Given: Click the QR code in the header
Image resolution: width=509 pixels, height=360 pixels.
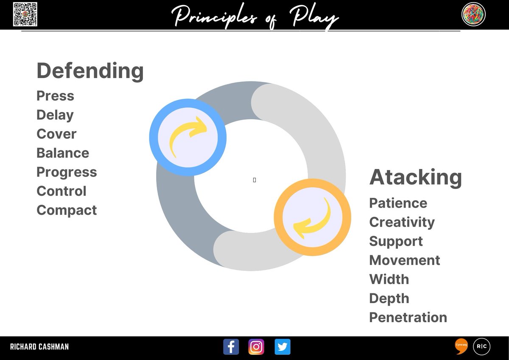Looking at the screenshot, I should pyautogui.click(x=25, y=14).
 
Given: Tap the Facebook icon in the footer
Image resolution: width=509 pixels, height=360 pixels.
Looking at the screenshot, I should pyautogui.click(x=231, y=347).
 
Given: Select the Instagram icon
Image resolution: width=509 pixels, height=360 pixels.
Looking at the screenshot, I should pyautogui.click(x=256, y=347).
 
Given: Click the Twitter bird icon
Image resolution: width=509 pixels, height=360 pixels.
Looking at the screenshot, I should pyautogui.click(x=282, y=347).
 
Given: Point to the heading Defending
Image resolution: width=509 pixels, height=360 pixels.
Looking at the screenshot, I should pyautogui.click(x=90, y=70).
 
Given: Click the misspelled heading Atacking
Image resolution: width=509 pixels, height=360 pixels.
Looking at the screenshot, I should pyautogui.click(x=415, y=177).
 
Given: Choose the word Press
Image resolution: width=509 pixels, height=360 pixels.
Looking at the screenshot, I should pyautogui.click(x=55, y=96).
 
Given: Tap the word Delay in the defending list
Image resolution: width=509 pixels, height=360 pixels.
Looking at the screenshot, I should pyautogui.click(x=55, y=115).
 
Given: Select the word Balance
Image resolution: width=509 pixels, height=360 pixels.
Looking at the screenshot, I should pyautogui.click(x=63, y=153).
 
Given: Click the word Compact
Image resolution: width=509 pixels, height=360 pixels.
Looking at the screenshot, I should pyautogui.click(x=67, y=210).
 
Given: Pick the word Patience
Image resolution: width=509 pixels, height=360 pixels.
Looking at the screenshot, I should pyautogui.click(x=398, y=203).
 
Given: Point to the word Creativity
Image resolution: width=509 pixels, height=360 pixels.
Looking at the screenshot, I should pyautogui.click(x=402, y=222).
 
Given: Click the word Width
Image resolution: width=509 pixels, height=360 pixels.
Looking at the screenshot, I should pyautogui.click(x=389, y=279).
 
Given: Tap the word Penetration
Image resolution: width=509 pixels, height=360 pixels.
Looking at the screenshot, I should pyautogui.click(x=408, y=318).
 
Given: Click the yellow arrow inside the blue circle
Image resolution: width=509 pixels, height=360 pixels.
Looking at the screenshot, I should pyautogui.click(x=187, y=137).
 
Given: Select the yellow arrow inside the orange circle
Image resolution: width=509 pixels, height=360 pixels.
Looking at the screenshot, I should pyautogui.click(x=312, y=217).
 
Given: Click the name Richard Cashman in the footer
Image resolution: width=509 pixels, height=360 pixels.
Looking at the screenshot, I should pyautogui.click(x=39, y=347).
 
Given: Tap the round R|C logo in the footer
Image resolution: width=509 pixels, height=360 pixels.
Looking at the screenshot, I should pyautogui.click(x=481, y=346).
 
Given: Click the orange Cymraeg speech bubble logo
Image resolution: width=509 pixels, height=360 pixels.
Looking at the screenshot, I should pyautogui.click(x=461, y=346).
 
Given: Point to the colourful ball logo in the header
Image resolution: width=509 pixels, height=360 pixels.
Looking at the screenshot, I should pyautogui.click(x=473, y=14).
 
